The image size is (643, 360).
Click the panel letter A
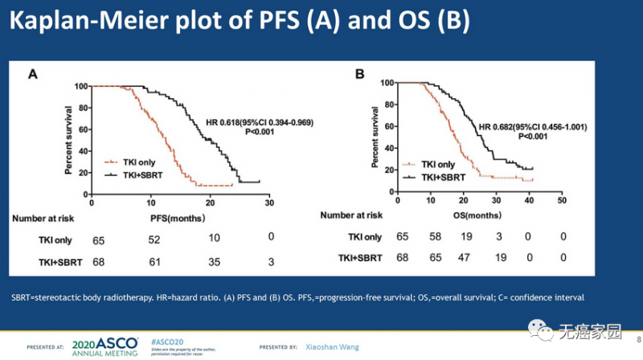click(x=34, y=75)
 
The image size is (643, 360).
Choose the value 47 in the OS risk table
click(x=465, y=258)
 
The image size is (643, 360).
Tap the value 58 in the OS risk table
click(x=435, y=236)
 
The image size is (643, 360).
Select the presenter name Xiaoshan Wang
click(x=333, y=346)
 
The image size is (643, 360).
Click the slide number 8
click(x=637, y=337)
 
